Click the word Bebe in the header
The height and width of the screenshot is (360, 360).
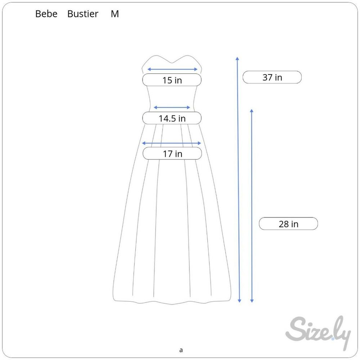tap(46, 14)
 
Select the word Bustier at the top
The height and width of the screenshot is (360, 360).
tap(83, 14)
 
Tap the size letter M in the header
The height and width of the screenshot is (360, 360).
tap(115, 14)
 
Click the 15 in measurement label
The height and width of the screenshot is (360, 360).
tap(172, 80)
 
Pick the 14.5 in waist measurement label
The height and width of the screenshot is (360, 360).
tap(172, 118)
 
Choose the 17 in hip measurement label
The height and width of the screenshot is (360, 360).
tap(172, 154)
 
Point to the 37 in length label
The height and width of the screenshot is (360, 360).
tap(272, 77)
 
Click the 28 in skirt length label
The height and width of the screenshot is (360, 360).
tap(288, 224)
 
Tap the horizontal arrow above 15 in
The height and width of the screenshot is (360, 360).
tap(172, 69)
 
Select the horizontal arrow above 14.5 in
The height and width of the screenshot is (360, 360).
tap(172, 107)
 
